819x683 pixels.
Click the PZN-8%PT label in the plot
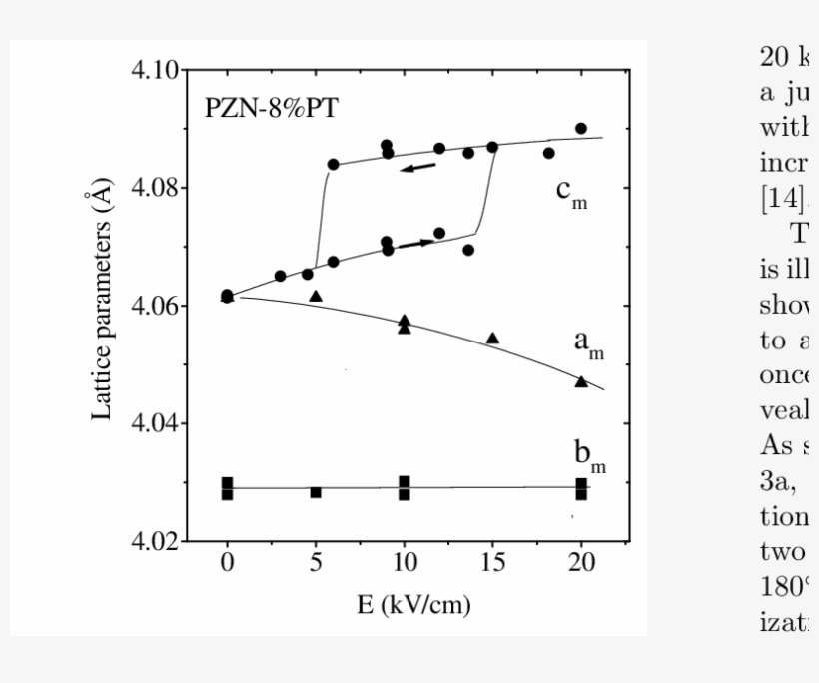(x=271, y=109)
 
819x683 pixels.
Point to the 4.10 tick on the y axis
(x=153, y=71)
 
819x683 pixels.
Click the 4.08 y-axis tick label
(x=153, y=188)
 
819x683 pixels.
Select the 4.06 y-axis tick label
(x=153, y=306)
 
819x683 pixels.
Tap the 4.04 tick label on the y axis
(x=153, y=423)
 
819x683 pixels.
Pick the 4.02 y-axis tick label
(x=153, y=541)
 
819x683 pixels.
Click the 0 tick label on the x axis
(x=228, y=562)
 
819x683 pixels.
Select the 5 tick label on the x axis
(x=316, y=562)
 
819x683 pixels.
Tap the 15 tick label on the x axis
(x=492, y=562)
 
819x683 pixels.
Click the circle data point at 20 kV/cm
(x=581, y=129)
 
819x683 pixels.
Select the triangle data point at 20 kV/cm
(x=581, y=381)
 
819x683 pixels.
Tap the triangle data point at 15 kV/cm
(x=492, y=338)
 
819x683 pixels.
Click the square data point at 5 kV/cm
(x=316, y=492)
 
